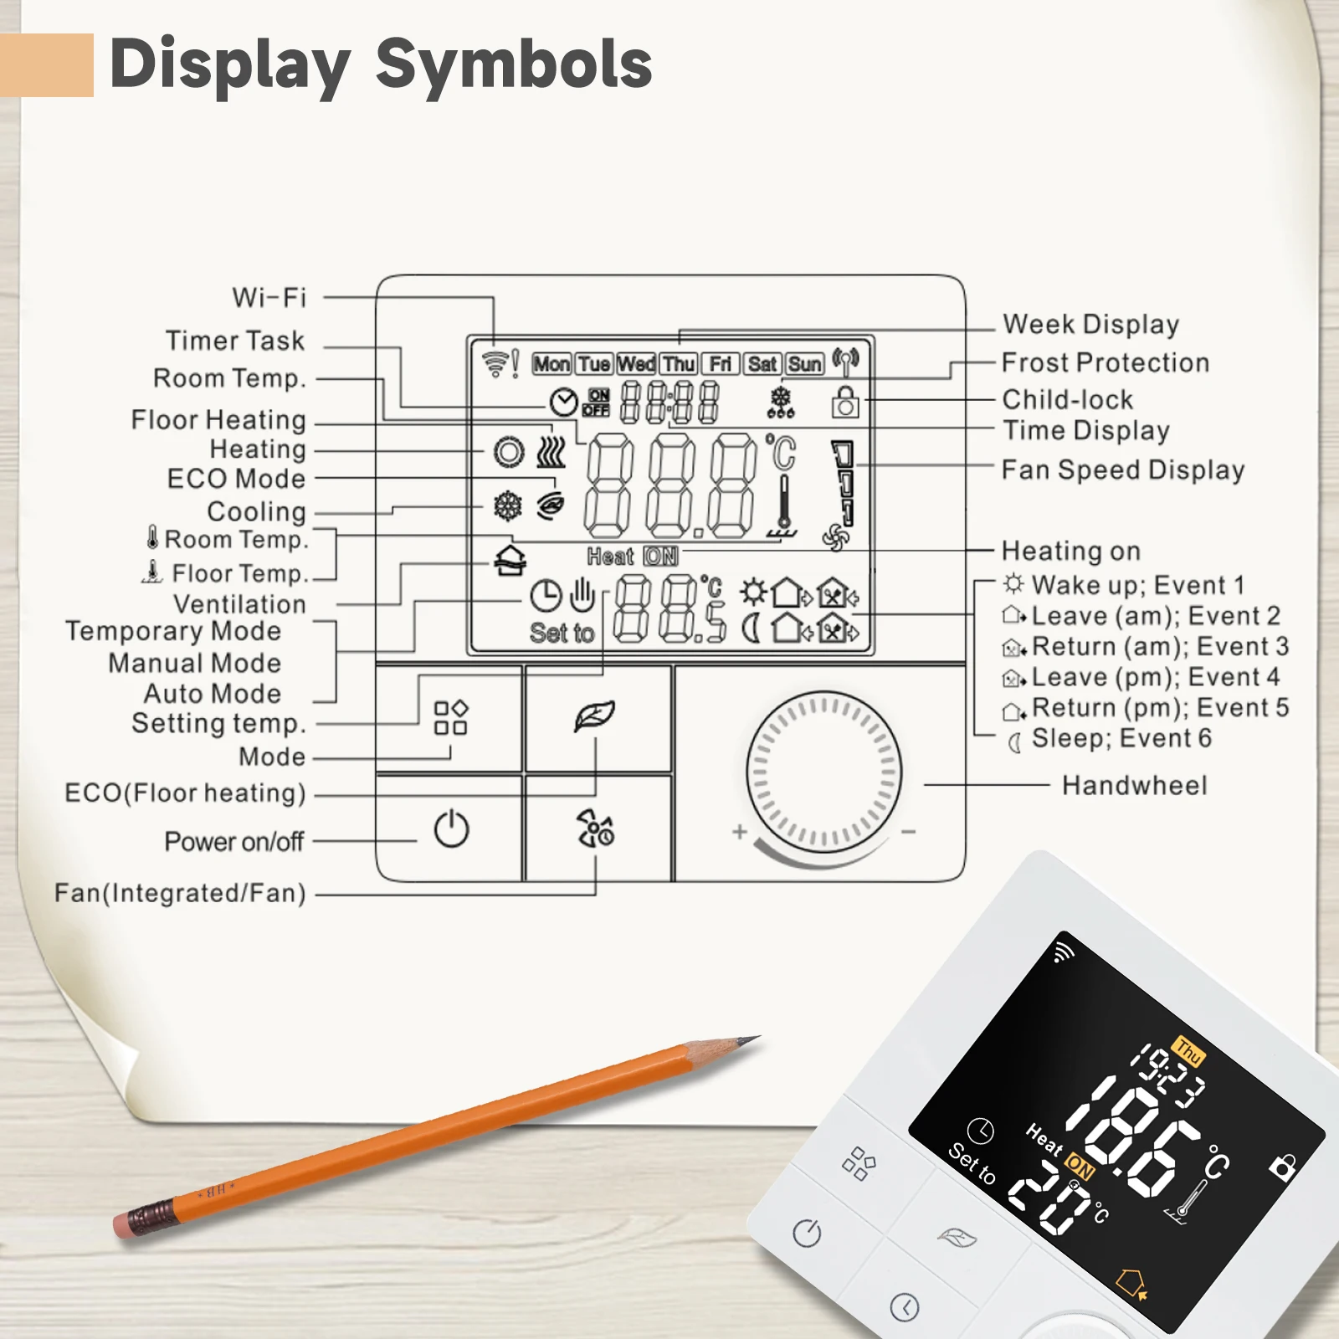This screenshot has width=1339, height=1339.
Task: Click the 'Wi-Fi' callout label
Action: (269, 298)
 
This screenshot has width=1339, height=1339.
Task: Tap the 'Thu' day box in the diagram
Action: (679, 364)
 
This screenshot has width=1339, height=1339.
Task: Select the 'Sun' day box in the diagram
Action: (804, 364)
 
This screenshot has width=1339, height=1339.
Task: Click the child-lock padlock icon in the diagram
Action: (845, 403)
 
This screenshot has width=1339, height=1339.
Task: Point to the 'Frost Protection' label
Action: (1106, 362)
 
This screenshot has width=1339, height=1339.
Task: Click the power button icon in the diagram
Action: (451, 829)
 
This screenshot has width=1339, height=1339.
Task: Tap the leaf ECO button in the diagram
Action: (595, 716)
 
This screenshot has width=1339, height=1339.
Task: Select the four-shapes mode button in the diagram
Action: (450, 718)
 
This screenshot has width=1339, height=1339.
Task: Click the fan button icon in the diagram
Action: (595, 829)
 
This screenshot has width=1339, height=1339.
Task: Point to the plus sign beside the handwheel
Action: (739, 832)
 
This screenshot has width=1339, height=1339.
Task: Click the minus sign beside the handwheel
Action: (909, 832)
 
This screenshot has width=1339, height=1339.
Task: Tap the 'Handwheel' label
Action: (1134, 785)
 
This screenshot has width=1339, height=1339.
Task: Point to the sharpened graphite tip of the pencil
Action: (750, 1040)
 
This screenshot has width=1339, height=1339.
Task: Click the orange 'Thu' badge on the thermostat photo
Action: (1188, 1051)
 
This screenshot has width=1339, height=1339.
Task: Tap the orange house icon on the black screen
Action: (1132, 1282)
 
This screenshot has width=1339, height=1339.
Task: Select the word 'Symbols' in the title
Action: (514, 64)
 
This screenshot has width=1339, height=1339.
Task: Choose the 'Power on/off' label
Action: (233, 841)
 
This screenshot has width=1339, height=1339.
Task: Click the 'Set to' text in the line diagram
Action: (562, 633)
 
